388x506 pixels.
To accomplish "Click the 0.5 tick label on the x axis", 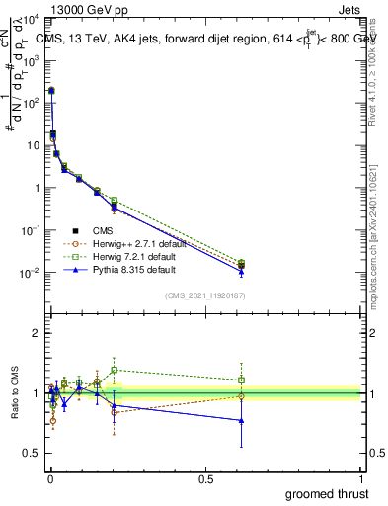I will pos(205,479).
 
